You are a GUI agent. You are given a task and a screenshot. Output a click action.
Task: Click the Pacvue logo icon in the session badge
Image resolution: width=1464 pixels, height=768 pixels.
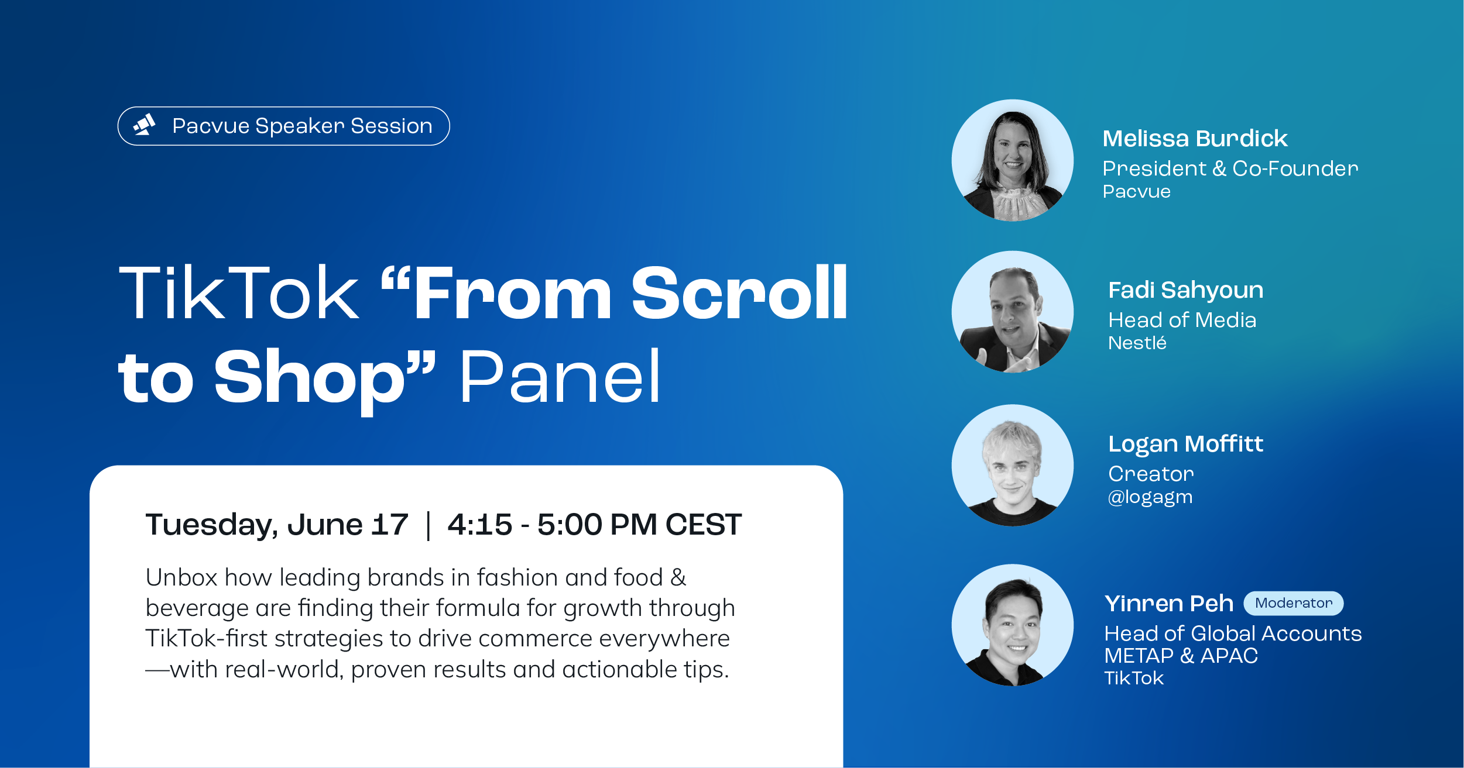tap(145, 125)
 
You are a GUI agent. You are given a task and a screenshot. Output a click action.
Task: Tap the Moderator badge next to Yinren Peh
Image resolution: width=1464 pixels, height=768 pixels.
tap(1293, 603)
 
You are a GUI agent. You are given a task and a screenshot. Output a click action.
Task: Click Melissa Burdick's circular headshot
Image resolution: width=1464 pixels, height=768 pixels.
tap(1012, 160)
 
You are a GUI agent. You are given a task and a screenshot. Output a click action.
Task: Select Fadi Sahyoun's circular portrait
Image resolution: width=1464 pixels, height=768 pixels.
tap(1012, 312)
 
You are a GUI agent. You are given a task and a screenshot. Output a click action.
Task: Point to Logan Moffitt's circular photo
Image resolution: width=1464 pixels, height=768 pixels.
tap(1012, 465)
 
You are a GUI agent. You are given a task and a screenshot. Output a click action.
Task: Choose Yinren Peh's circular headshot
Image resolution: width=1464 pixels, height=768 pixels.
tap(1012, 625)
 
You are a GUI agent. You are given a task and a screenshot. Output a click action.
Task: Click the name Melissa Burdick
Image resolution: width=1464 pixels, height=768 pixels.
tap(1195, 139)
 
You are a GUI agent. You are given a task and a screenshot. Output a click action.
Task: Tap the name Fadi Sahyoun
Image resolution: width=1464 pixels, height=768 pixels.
tap(1186, 291)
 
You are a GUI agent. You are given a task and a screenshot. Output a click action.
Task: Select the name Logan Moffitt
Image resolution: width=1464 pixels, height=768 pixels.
tap(1186, 444)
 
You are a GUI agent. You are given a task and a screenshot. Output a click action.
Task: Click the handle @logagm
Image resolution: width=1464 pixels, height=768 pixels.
tap(1150, 497)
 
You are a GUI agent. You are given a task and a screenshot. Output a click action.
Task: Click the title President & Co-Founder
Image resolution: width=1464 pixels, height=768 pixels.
tap(1230, 168)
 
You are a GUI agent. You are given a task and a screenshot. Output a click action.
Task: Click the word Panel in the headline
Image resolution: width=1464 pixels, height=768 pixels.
tap(561, 377)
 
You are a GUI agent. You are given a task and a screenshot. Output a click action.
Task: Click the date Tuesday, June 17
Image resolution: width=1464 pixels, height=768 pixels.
tap(277, 525)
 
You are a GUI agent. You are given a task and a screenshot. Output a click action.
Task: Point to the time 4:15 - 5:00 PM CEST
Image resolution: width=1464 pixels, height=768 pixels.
tap(595, 525)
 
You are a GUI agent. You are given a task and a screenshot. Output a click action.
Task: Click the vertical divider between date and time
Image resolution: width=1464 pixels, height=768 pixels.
tap(428, 525)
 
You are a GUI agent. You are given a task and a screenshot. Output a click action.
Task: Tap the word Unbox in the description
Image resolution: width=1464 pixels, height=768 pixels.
tap(181, 577)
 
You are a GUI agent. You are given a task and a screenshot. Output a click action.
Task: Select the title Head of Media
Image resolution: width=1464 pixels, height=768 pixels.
tap(1182, 320)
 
